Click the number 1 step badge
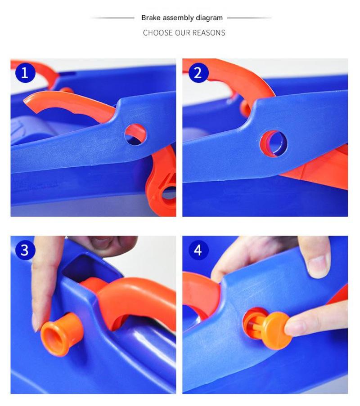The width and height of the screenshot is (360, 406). pos(25,73)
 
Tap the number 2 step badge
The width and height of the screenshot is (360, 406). pos(198,73)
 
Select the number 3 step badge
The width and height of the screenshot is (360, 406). pos(25,250)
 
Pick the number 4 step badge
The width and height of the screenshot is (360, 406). pos(198,250)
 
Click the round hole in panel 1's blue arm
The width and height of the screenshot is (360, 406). pos(135,134)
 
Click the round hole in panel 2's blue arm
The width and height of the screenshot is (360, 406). pos(274,144)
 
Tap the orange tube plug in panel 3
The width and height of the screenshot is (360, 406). pos(62,334)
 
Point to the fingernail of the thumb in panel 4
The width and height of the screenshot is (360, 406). pos(318,266)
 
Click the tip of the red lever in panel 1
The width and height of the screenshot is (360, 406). pos(27,100)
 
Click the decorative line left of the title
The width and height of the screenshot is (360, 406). pos(112,18)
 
